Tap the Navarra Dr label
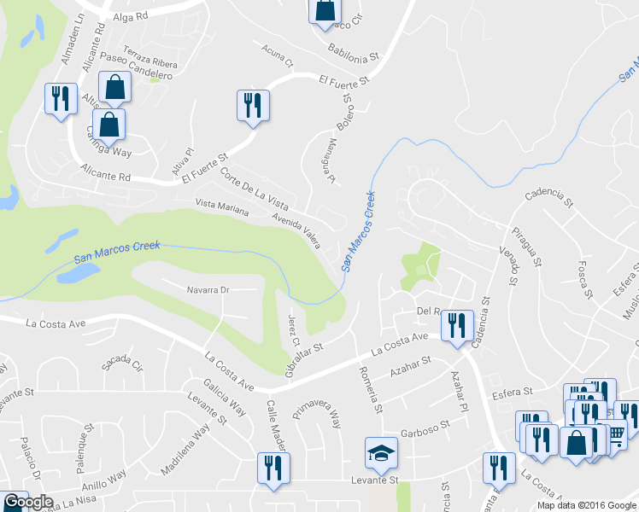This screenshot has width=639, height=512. (x=208, y=290)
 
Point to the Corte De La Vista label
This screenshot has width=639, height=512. (x=254, y=187)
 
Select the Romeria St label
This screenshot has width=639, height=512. (x=373, y=386)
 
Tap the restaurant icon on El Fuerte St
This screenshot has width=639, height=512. (x=253, y=105)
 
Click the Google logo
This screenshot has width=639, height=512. (x=28, y=503)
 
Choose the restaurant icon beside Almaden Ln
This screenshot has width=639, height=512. (x=60, y=99)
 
